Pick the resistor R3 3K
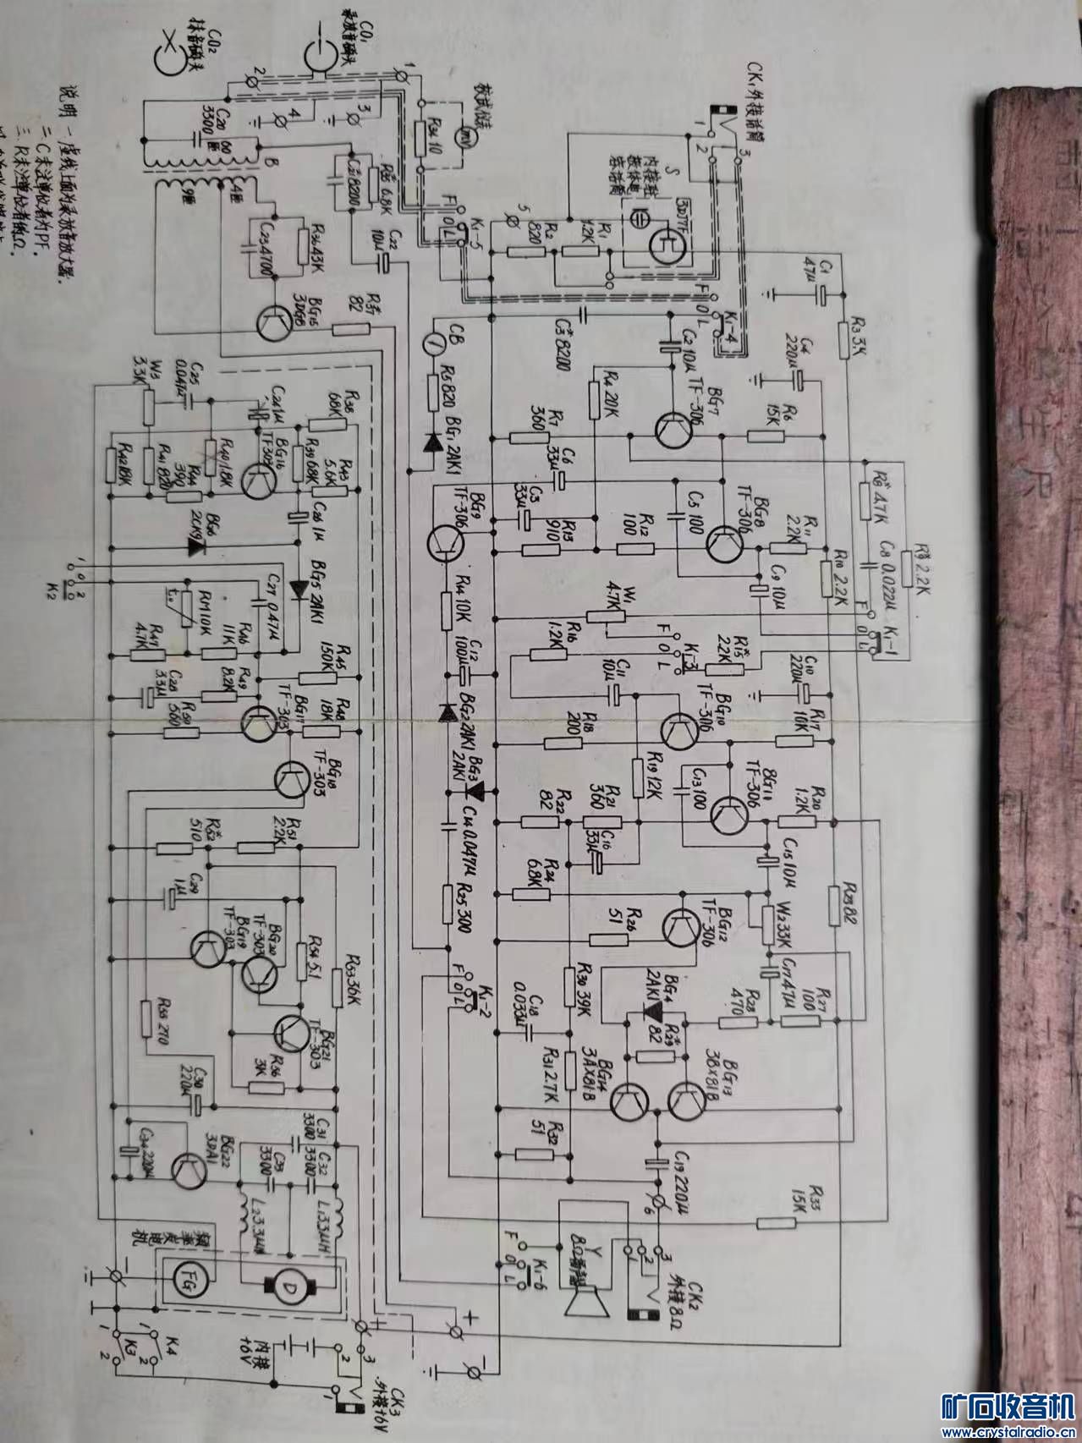pos(843,337)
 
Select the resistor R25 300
pos(448,903)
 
